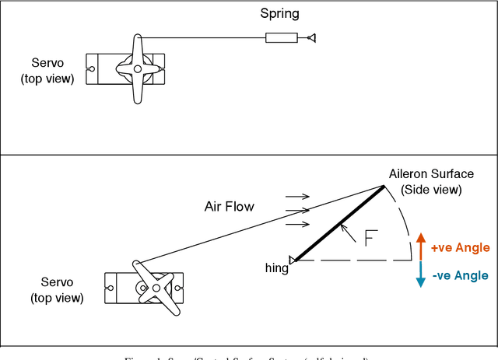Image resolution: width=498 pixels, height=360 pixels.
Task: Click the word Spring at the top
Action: [x=279, y=14]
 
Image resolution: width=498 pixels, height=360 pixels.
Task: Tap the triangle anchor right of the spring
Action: [x=311, y=37]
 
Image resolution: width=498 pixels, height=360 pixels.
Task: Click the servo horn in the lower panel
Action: [x=156, y=288]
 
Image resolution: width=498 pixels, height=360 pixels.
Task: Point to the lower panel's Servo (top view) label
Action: [x=57, y=289]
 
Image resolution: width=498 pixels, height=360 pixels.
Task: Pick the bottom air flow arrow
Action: [x=298, y=225]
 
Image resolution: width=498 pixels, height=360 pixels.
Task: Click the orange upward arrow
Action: [x=420, y=245]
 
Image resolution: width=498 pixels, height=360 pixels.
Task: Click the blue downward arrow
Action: [x=420, y=274]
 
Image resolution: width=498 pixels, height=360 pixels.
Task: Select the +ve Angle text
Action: [x=460, y=248]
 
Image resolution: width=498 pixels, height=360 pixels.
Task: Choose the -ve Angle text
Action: [x=460, y=275]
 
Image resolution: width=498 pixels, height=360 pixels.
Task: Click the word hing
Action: [x=275, y=268]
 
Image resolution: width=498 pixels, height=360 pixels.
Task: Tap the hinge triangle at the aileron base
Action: [x=293, y=260]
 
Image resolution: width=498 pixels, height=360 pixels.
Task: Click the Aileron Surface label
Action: [x=430, y=182]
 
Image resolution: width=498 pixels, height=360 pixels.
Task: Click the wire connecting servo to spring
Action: [x=202, y=37]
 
